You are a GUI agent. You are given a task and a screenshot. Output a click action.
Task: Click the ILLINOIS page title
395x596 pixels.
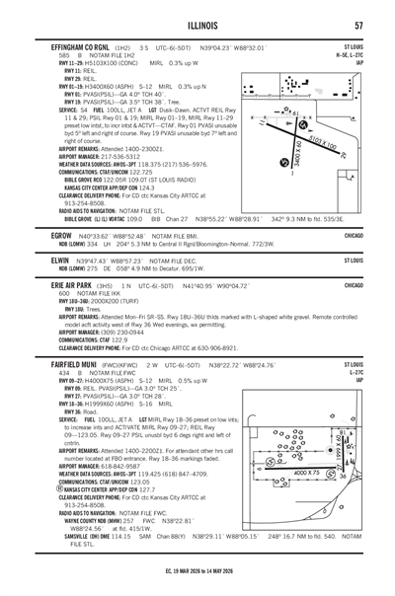[197, 26]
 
